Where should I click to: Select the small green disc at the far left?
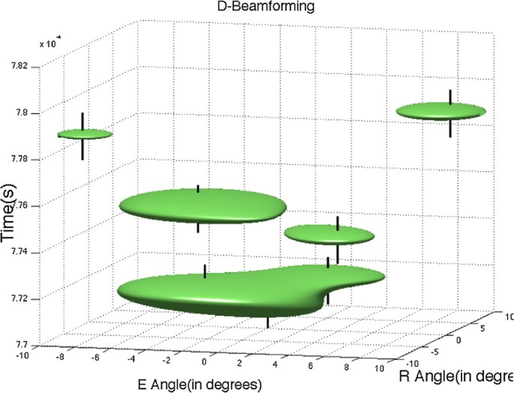click(x=85, y=134)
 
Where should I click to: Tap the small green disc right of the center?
click(x=329, y=235)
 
